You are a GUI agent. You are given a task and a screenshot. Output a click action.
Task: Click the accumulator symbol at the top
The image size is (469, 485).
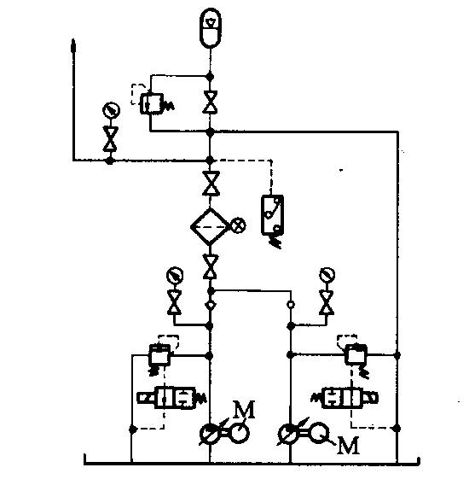click(x=211, y=28)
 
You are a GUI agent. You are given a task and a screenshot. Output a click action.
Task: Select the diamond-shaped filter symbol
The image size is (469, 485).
click(x=210, y=227)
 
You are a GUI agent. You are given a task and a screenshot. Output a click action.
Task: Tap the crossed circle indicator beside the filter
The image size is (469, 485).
click(x=239, y=225)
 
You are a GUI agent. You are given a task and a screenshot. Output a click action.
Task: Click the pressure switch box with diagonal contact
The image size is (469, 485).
click(x=272, y=215)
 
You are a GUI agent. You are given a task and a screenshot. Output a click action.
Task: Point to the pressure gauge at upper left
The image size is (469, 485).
click(x=111, y=110)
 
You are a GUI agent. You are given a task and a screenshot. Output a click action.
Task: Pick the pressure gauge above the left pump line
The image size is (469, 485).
click(x=175, y=275)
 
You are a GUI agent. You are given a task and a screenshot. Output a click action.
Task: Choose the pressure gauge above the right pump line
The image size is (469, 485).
click(x=327, y=275)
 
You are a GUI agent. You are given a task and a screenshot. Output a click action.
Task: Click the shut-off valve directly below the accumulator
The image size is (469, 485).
click(x=210, y=102)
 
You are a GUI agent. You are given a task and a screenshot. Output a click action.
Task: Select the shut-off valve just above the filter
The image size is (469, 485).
click(x=211, y=183)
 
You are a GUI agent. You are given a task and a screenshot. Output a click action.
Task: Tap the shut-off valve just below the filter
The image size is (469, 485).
click(x=211, y=266)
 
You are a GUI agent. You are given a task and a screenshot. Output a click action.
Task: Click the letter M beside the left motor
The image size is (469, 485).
click(x=244, y=410)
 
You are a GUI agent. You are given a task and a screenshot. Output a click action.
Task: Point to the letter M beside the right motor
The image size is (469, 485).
click(x=348, y=445)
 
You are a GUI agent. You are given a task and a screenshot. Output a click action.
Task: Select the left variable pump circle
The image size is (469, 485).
click(x=210, y=434)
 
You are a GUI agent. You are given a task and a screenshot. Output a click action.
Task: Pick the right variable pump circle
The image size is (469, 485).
click(x=288, y=434)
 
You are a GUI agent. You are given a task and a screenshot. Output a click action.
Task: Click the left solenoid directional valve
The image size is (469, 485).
click(x=171, y=398)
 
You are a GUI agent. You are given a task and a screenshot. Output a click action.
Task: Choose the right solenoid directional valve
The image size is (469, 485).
click(x=345, y=398)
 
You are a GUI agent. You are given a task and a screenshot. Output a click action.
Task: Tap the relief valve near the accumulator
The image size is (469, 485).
click(x=152, y=104)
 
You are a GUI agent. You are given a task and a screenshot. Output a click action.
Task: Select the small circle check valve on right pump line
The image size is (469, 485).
click(x=291, y=305)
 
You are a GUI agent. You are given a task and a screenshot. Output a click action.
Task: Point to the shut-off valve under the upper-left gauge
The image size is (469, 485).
click(x=110, y=139)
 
